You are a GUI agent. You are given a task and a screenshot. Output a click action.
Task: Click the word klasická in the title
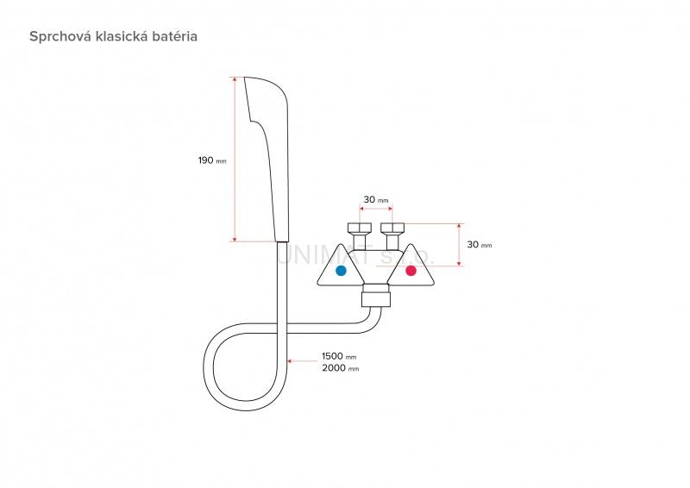click(x=120, y=37)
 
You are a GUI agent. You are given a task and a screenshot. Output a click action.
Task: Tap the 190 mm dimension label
click(x=212, y=160)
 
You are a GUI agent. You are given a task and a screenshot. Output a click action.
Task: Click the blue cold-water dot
click(x=341, y=271)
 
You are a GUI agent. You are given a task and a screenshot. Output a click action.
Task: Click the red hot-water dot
click(x=411, y=271)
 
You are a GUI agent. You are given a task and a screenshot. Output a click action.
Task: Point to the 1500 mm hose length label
click(x=339, y=356)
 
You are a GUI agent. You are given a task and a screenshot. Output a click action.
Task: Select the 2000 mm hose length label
click(x=339, y=368)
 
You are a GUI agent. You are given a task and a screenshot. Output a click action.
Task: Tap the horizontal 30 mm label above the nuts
click(x=375, y=200)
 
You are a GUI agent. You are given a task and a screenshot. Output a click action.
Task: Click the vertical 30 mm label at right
click(x=479, y=245)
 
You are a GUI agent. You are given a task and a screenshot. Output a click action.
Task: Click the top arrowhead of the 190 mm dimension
click(x=235, y=79)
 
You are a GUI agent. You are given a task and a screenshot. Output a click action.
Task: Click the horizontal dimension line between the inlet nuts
click(x=375, y=209)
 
